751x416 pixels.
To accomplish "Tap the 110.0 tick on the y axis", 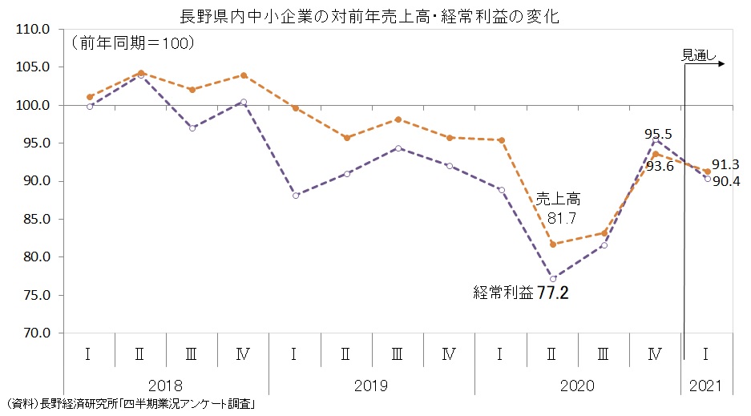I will [x=34, y=29].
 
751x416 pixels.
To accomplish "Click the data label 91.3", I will [x=724, y=164].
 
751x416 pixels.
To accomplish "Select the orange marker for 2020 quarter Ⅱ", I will [x=552, y=244].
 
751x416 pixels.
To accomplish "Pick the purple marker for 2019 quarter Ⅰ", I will [x=296, y=196].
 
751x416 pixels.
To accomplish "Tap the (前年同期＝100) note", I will [x=133, y=43].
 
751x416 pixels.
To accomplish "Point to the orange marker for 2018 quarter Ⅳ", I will [x=244, y=75].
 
